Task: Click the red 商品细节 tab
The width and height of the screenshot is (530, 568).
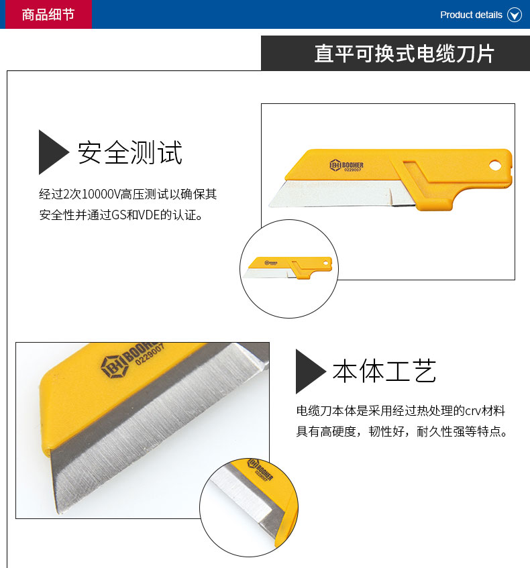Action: point(46,14)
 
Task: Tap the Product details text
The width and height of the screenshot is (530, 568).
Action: point(471,15)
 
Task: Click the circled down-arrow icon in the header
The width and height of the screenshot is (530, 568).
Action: point(515,15)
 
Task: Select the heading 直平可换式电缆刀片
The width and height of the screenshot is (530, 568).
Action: point(404,54)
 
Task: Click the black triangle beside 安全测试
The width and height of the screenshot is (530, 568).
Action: point(52,152)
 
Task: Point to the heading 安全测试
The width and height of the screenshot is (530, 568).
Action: point(130,152)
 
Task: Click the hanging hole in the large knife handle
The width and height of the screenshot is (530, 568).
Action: point(495,166)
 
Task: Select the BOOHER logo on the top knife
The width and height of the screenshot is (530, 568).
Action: point(346,166)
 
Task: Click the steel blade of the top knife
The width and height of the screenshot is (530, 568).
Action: point(341,194)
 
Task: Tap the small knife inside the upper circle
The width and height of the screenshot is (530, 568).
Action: point(288,268)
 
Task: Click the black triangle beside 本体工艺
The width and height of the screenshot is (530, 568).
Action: point(310,372)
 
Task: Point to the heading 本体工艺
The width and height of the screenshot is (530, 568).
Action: point(384,371)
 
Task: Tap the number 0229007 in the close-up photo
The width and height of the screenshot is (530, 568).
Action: point(150,354)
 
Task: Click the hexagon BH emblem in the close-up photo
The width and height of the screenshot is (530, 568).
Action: point(114,367)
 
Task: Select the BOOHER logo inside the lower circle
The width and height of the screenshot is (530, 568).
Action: point(260,469)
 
